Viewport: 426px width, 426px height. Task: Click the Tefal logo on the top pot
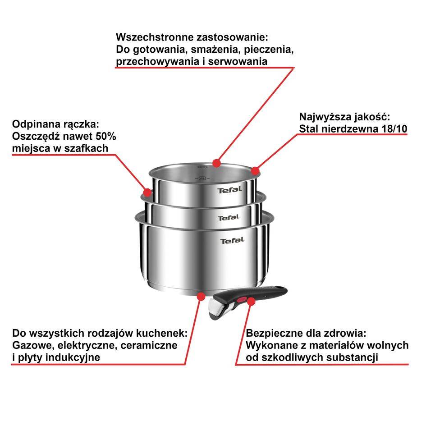pos(230,190)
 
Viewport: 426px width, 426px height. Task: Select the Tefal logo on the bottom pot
pos(232,241)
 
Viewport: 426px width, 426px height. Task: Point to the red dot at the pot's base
pos(201,297)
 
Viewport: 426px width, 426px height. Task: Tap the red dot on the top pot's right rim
pos(255,170)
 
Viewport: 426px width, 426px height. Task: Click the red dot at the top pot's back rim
pos(217,162)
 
